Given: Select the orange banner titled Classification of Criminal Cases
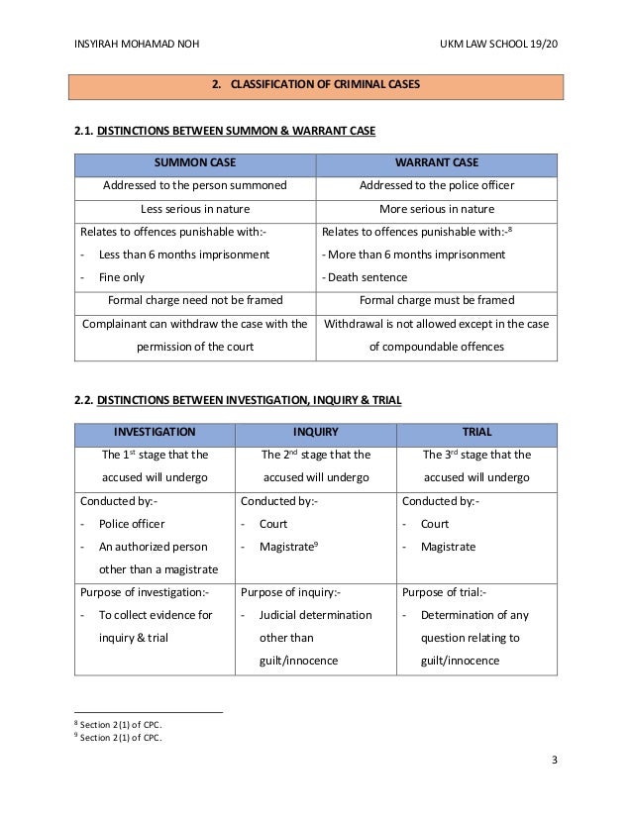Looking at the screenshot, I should (x=316, y=85).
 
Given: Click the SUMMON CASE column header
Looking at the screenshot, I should (x=194, y=163).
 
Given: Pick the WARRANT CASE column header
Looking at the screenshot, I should (x=436, y=163).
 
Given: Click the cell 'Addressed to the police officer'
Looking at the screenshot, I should (x=436, y=186).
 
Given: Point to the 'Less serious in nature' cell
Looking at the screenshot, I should (x=194, y=209).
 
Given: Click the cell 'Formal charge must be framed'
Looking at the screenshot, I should (x=436, y=300).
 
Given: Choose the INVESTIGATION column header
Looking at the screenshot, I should (x=155, y=433).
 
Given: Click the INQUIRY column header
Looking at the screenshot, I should (x=315, y=433).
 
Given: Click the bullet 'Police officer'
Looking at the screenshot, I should (x=131, y=524).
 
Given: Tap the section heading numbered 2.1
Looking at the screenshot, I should (x=225, y=131).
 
